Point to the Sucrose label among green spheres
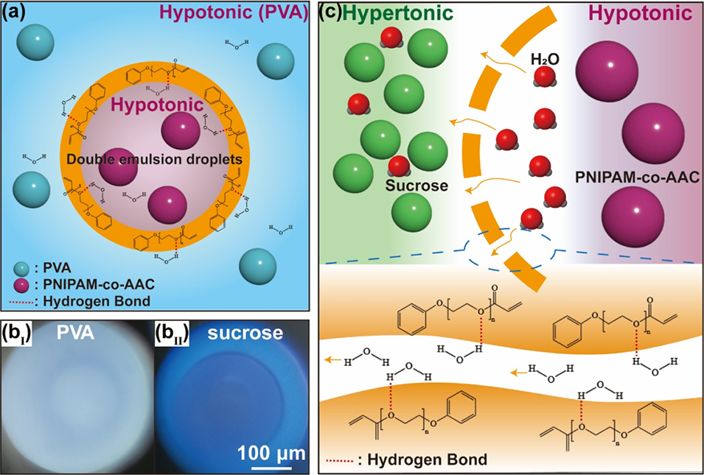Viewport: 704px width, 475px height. coord(417,186)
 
